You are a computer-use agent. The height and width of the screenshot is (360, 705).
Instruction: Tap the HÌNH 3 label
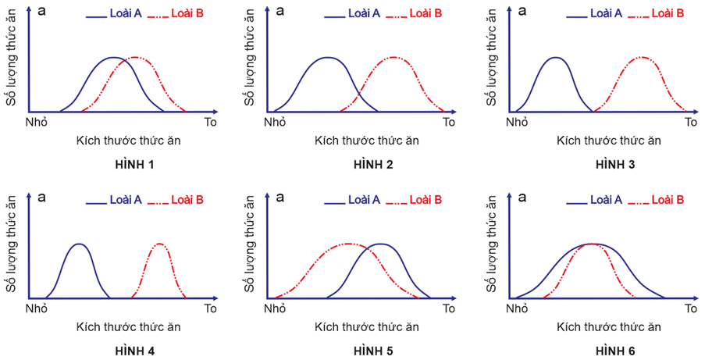point(615,165)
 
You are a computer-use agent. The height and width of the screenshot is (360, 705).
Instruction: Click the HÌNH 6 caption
point(615,351)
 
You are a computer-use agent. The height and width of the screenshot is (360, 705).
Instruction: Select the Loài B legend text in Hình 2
point(425,14)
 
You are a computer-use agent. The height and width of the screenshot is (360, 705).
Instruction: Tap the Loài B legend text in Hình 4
point(187,200)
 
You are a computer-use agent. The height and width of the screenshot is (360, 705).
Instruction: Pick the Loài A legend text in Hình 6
point(606,200)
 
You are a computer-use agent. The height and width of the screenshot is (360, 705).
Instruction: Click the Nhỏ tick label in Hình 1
point(37,123)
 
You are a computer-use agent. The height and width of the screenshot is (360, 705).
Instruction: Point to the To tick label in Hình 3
point(690,123)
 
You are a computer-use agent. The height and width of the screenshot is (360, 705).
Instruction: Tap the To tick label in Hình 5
point(448,308)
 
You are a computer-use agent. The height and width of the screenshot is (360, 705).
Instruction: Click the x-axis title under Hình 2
point(367,141)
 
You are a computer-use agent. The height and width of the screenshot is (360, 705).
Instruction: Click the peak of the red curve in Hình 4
point(159,244)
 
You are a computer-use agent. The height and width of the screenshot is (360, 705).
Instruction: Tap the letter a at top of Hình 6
point(522,197)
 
